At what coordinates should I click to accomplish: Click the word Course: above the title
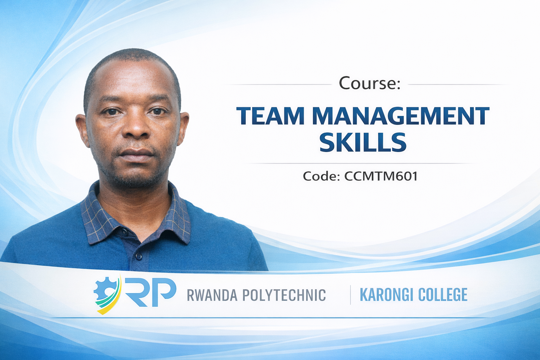[x=369, y=83]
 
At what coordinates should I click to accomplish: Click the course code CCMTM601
[x=381, y=176]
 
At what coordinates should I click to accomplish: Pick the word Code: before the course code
[x=321, y=176]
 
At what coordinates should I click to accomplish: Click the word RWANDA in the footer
[x=212, y=295]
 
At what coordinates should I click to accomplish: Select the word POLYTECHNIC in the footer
[x=284, y=295]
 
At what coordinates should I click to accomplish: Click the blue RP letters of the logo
[x=151, y=292]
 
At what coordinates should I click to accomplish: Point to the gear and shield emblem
[x=107, y=294]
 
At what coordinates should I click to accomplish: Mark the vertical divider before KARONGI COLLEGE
[x=350, y=295]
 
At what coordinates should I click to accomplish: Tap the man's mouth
[x=136, y=153]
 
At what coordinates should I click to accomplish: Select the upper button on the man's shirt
[x=125, y=231]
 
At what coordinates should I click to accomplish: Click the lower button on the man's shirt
[x=138, y=257]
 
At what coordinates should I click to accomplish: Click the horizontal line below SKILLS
[x=362, y=163]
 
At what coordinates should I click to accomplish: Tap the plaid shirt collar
[x=135, y=214]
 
